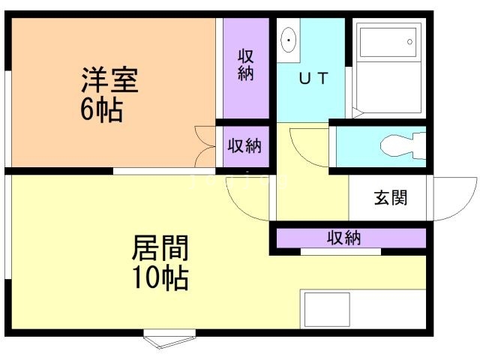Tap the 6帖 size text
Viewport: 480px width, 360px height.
pos(102,110)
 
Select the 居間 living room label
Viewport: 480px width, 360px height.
pos(160,247)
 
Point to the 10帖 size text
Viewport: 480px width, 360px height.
pos(160,278)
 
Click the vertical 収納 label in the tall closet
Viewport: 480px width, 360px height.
pos(245,64)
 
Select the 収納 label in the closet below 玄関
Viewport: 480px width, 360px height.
pos(344,238)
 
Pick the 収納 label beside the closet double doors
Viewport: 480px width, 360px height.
pos(244,146)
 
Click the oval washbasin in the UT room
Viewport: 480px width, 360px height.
pos(289,40)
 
